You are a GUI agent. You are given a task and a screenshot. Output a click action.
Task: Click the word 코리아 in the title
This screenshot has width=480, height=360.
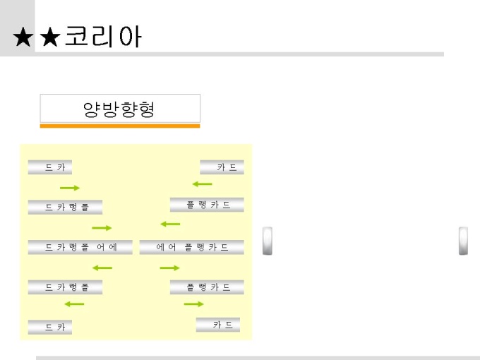(x=103, y=37)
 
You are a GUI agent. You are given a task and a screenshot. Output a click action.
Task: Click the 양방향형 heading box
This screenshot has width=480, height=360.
(x=120, y=109)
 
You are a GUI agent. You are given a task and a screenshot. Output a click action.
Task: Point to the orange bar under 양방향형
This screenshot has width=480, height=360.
(x=120, y=126)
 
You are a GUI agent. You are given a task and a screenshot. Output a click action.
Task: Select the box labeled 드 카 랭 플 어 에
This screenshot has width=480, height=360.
(x=80, y=247)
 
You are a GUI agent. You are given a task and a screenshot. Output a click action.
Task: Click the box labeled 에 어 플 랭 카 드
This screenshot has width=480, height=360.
(x=191, y=247)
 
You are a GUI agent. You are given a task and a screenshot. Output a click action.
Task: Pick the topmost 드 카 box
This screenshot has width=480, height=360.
(x=50, y=167)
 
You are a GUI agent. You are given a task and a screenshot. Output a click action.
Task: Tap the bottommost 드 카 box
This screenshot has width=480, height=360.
(x=50, y=328)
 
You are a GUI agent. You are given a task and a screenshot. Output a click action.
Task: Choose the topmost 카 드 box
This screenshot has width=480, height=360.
(x=222, y=167)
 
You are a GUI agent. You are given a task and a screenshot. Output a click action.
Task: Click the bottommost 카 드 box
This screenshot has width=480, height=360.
(x=218, y=325)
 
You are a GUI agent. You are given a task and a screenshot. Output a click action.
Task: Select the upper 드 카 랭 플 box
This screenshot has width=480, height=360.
(x=65, y=207)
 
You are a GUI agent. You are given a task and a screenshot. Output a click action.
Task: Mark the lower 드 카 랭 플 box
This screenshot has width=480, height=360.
(x=65, y=287)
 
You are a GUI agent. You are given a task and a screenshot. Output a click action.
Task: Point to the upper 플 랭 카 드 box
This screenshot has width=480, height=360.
(x=207, y=205)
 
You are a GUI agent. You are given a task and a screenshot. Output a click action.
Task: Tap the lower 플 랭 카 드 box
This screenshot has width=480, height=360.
(x=207, y=287)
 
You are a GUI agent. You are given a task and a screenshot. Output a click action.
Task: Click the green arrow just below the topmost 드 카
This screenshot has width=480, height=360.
(x=70, y=188)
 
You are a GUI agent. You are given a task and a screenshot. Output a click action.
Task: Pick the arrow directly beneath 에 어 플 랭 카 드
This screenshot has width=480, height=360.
(x=169, y=268)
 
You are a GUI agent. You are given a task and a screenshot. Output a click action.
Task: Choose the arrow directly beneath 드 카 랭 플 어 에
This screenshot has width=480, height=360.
(x=102, y=268)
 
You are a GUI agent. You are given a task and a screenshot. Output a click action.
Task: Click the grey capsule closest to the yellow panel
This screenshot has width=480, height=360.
(x=268, y=240)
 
